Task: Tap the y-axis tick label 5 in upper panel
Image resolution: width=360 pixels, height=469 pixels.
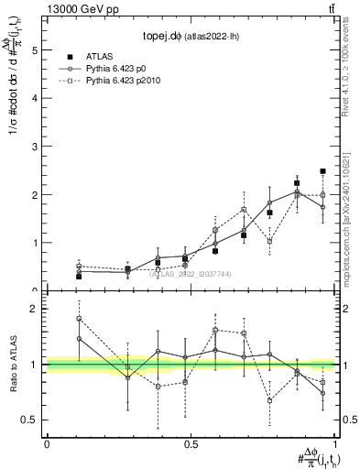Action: click(x=35, y=51)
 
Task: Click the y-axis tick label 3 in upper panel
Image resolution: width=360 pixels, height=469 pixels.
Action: click(x=35, y=147)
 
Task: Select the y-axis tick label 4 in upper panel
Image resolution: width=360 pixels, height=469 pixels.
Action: click(x=35, y=99)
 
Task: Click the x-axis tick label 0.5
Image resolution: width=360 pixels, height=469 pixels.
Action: click(x=191, y=444)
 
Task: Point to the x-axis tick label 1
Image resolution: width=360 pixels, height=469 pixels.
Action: click(x=335, y=444)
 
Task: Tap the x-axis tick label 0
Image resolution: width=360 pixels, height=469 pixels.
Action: click(x=47, y=444)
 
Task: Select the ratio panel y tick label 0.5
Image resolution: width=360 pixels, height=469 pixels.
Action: click(x=30, y=420)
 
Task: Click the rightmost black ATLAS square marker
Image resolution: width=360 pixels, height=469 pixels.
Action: click(x=323, y=171)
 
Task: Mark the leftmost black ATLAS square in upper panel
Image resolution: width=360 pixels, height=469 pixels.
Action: click(x=79, y=276)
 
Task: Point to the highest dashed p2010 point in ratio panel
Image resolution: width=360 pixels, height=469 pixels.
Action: click(x=79, y=319)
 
